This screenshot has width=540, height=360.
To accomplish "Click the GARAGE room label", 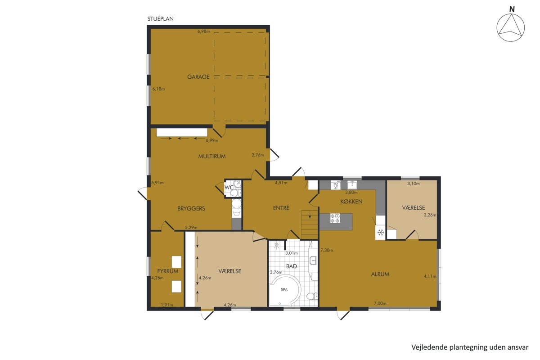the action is [198, 76].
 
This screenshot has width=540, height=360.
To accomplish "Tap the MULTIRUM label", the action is [212, 156].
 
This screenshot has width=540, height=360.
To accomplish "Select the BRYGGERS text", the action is [191, 208].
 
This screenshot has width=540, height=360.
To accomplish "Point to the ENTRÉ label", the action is [281, 208].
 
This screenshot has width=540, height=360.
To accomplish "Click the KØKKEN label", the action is [351, 201].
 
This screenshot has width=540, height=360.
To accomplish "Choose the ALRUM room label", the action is [380, 274].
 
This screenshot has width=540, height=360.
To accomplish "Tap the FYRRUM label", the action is [168, 271].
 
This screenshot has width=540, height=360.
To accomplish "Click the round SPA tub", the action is [285, 290].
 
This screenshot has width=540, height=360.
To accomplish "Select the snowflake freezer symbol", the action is [381, 233].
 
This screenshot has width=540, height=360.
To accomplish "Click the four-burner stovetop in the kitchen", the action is [335, 218].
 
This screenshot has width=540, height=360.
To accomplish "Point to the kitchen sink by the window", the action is [352, 184].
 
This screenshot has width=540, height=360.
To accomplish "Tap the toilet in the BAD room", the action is [312, 296].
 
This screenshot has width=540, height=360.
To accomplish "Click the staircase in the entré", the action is [310, 225].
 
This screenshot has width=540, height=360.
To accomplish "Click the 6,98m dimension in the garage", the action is [204, 31].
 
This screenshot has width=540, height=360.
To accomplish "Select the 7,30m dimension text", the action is [327, 250].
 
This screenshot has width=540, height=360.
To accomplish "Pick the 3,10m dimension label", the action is [414, 184].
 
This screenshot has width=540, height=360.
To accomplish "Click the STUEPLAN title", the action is [160, 19].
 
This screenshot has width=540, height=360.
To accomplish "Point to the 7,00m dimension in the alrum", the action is [380, 303].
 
